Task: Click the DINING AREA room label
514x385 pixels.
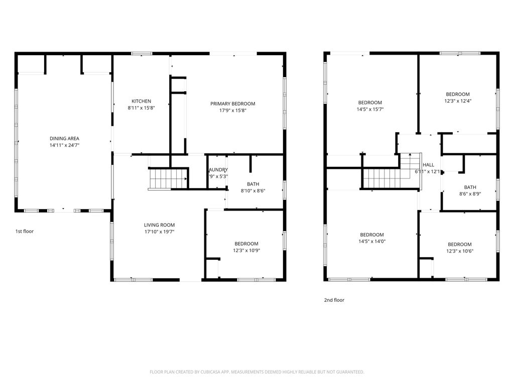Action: (x=64, y=138)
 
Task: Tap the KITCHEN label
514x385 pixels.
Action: (x=141, y=101)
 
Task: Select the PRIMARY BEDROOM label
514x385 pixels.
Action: (x=232, y=104)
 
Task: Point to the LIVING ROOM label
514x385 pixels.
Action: (x=159, y=225)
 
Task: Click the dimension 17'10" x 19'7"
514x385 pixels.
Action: (x=159, y=232)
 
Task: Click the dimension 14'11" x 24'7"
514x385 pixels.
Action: (x=64, y=145)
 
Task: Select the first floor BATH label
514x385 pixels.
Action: (x=252, y=184)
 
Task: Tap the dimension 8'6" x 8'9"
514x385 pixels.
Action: (x=470, y=194)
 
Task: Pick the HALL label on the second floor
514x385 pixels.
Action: (x=428, y=165)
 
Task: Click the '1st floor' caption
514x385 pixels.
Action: (x=24, y=232)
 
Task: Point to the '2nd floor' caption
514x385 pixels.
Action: (x=334, y=300)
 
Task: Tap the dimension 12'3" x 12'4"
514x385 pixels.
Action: (x=457, y=101)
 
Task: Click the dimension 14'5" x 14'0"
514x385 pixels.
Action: (x=371, y=241)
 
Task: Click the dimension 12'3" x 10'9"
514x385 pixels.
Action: (x=246, y=250)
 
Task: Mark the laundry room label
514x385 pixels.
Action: (x=218, y=170)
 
